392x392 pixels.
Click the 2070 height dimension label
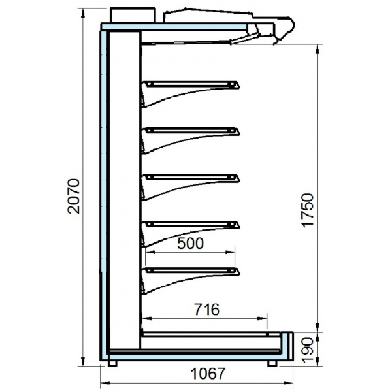74,196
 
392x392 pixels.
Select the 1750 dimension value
307,210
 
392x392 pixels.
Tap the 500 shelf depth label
191,243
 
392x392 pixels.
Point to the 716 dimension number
206,309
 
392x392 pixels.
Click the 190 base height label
307,350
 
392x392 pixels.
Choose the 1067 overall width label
208,374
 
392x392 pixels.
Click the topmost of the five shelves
191,85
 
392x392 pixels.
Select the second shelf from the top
191,131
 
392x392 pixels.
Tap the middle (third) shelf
191,178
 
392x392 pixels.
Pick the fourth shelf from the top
191,225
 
